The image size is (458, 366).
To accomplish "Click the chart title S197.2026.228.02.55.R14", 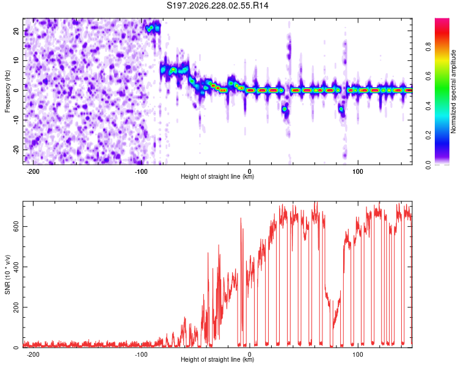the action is point(217,5).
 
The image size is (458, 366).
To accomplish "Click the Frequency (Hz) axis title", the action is point(7,91).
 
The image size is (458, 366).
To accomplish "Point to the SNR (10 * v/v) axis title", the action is point(7,274).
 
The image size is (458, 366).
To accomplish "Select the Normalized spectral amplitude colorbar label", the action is point(453,91).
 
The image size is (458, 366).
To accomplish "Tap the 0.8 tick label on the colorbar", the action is point(429,47).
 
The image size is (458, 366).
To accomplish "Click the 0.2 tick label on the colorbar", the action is point(429,135).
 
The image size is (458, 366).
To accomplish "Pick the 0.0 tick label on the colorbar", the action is point(429,165).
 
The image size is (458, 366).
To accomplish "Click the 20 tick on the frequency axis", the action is point(16,30).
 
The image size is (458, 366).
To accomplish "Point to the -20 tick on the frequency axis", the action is point(16,149).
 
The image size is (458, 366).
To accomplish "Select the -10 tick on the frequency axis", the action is point(16,120).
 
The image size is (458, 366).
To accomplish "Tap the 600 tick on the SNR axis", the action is point(16,226).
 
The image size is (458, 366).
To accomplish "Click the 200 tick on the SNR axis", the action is point(16,307).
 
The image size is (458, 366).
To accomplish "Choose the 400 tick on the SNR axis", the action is point(16,267).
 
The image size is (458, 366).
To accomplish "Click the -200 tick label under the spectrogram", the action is point(33,171).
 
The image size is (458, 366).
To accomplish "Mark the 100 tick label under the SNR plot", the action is point(357,354).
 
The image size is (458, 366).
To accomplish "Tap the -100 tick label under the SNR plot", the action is point(141,354).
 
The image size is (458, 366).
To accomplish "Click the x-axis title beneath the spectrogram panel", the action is point(217,176).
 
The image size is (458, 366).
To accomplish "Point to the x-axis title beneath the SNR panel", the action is point(217,359).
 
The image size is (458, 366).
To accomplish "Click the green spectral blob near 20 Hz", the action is point(149,29).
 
